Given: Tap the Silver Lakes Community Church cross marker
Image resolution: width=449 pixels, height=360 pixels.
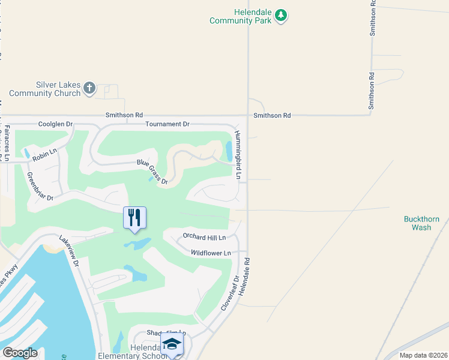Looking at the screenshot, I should click(x=89, y=89).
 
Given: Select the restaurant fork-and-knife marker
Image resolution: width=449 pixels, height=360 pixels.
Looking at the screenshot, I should click(x=134, y=217).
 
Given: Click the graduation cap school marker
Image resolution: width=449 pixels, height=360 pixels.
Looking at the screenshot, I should click(x=172, y=345).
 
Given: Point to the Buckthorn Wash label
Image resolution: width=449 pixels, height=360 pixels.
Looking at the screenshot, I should click(x=417, y=223).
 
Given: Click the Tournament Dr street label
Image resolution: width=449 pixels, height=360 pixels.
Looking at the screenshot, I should click(x=167, y=124).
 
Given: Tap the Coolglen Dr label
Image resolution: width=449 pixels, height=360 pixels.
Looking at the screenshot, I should click(x=55, y=124).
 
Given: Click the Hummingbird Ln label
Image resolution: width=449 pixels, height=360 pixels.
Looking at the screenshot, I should click(x=238, y=155).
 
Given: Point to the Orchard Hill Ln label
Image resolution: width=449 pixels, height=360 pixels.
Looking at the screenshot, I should click(x=204, y=238).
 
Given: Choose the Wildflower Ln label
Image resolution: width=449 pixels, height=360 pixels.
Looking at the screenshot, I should click(x=211, y=253).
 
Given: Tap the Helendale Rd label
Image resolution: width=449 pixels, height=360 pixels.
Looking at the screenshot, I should click(x=243, y=276).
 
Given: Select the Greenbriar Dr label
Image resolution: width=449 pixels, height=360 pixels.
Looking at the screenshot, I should click(x=40, y=187).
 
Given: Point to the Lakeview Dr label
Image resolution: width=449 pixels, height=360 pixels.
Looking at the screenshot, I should click(x=69, y=248).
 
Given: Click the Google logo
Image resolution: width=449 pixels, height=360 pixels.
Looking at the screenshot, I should click(x=20, y=353).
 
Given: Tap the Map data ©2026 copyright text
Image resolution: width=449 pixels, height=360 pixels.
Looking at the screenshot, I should click(x=423, y=355).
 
